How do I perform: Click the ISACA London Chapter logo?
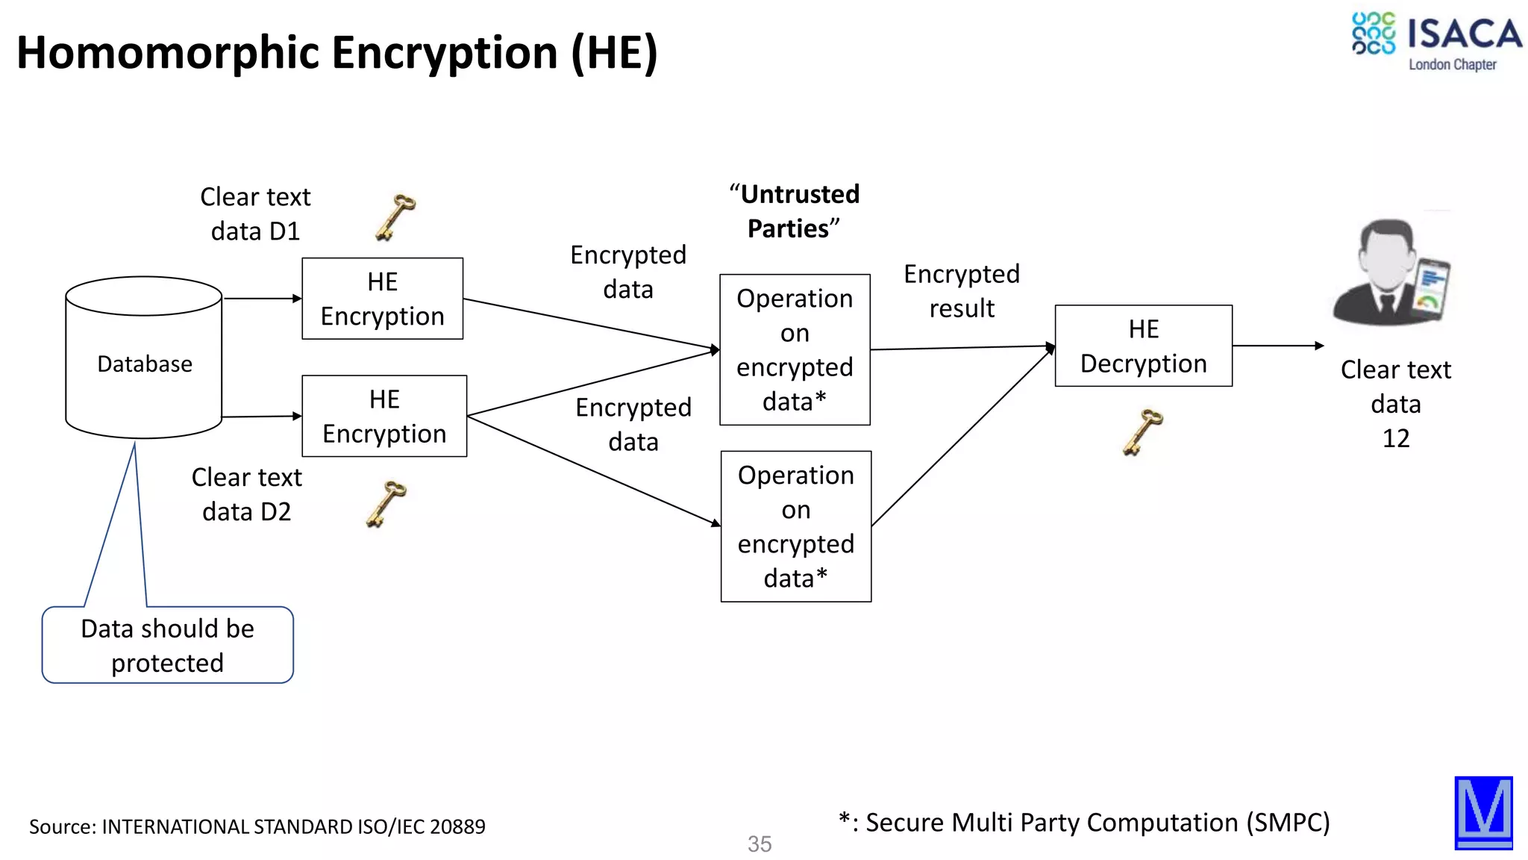click(1435, 42)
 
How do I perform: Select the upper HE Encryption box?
click(382, 299)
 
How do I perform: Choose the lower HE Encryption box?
click(384, 416)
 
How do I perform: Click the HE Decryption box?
click(1143, 346)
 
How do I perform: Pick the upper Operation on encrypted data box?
click(795, 349)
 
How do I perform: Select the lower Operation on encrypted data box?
click(795, 526)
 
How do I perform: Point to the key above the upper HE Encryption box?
click(395, 216)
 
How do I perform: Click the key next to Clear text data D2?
click(386, 504)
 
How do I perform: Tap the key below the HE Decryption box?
click(1142, 431)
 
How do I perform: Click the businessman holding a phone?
click(1391, 272)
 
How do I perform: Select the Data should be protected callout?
click(168, 645)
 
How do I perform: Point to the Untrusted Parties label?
click(794, 211)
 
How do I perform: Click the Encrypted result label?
click(962, 291)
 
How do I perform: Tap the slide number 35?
click(760, 844)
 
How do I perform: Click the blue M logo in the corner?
click(1483, 813)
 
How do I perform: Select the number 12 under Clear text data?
click(1396, 438)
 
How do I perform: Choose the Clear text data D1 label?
click(255, 214)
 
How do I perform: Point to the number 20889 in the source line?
click(457, 826)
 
